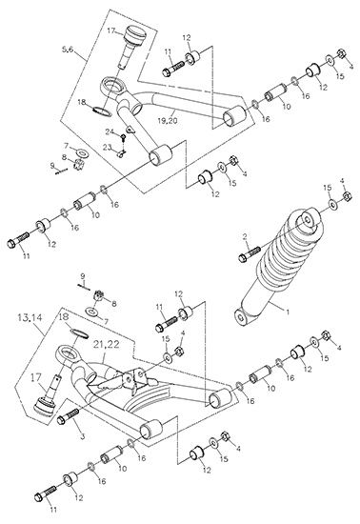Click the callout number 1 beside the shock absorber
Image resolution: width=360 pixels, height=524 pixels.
tap(288, 312)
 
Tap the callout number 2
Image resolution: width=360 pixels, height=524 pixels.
tap(245, 237)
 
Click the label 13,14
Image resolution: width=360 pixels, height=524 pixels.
tap(30, 318)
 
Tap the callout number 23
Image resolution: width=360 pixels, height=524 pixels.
tap(107, 146)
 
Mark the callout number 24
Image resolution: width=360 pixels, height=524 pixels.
tap(110, 131)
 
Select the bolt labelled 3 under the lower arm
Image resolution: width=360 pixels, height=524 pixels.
tap(69, 415)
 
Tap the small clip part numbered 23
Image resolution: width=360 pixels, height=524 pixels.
tap(123, 153)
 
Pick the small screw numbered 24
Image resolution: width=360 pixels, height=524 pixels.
tap(124, 137)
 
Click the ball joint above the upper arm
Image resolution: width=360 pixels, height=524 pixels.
tap(132, 44)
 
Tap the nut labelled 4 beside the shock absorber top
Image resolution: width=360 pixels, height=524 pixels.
tap(347, 195)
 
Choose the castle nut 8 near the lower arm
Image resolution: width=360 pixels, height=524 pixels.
tap(97, 294)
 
